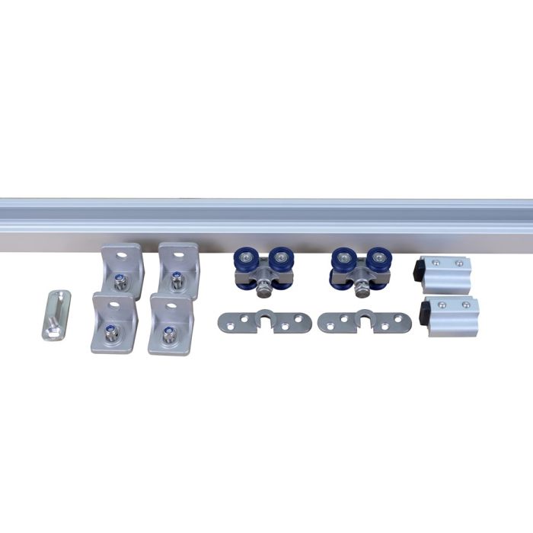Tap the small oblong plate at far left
click(x=56, y=314)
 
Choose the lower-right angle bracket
click(x=170, y=324)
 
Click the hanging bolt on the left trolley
click(x=263, y=288)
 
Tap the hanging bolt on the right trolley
click(x=361, y=288)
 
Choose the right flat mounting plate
click(x=364, y=322)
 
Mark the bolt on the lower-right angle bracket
click(x=167, y=333)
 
